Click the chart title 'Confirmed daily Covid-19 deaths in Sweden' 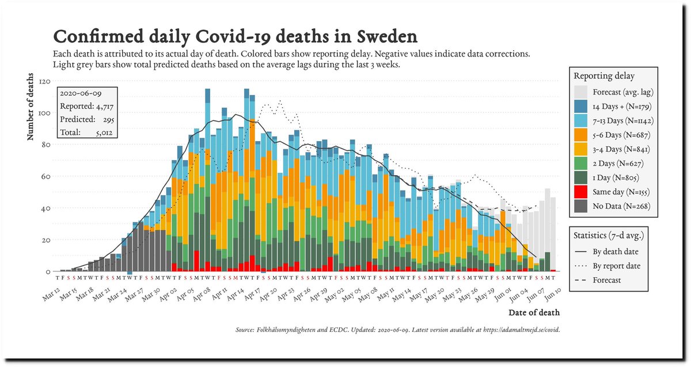point(235,37)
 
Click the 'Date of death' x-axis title point(534,313)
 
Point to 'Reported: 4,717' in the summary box point(86,106)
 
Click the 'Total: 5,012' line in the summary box point(86,133)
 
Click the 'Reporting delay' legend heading point(604,76)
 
